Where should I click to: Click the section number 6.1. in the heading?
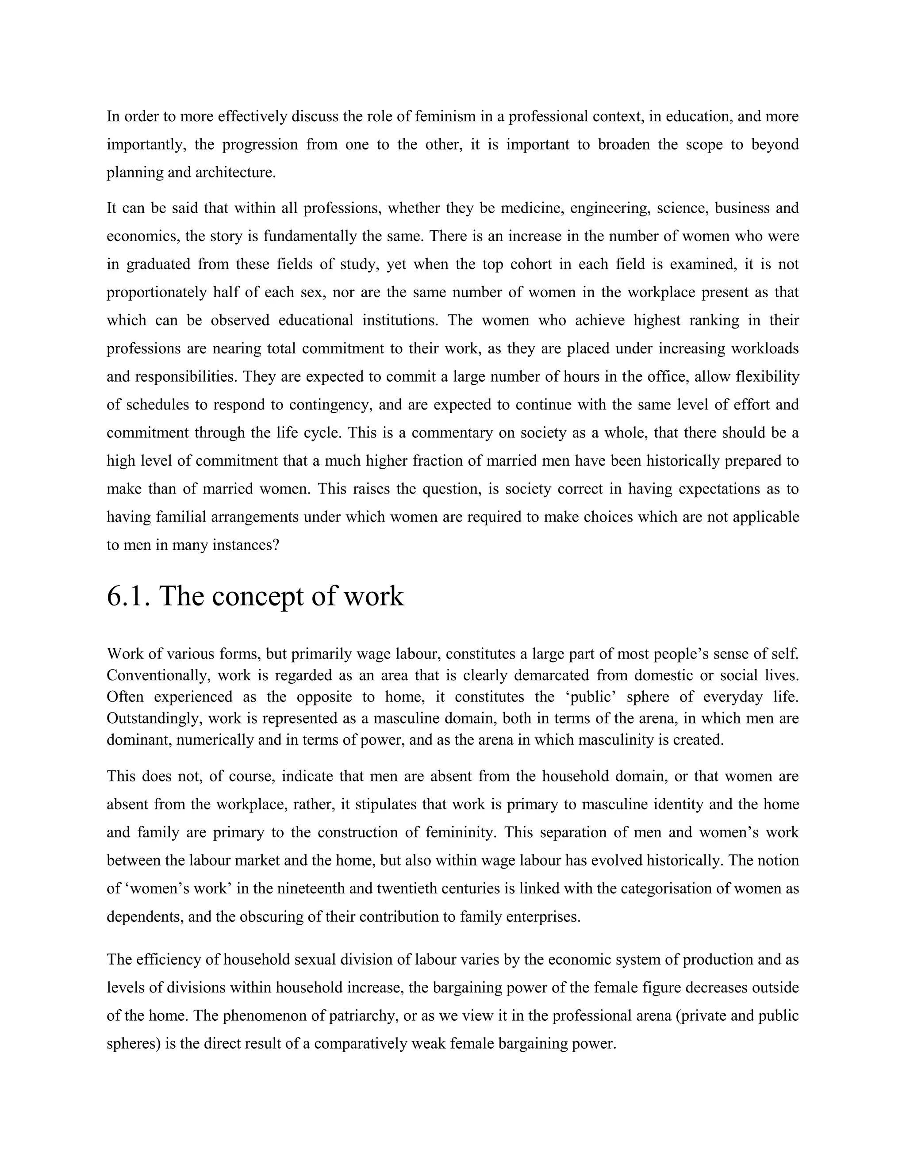[x=128, y=596]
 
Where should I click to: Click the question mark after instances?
[x=276, y=545]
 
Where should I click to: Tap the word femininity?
[x=460, y=832]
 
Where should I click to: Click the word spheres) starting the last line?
[x=134, y=1044]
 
